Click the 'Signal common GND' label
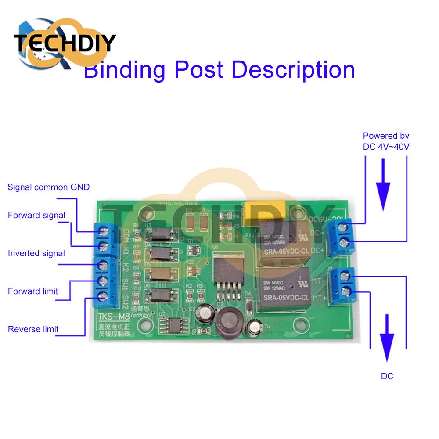[x=48, y=187]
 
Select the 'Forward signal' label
[x=36, y=216]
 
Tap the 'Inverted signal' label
[x=36, y=253]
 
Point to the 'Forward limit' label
[x=33, y=291]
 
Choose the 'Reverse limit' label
[x=33, y=329]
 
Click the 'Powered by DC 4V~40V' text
[x=386, y=141]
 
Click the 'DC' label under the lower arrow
[x=387, y=376]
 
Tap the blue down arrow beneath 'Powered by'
[x=384, y=184]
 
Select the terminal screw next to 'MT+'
[x=345, y=290]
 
